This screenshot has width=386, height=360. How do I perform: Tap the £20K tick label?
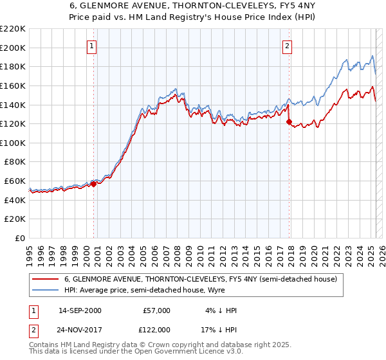coord(15,219)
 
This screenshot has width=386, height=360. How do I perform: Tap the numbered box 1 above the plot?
coord(93,46)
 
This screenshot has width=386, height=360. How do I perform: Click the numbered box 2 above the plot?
coord(286,46)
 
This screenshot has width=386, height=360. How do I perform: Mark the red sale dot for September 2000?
coord(93,184)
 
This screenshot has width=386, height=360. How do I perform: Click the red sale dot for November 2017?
coord(289,122)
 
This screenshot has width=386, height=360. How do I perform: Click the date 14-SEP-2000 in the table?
coord(79,310)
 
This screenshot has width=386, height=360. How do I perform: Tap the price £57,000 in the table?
coord(157,310)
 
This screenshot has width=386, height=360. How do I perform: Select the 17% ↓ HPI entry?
coord(218,328)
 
